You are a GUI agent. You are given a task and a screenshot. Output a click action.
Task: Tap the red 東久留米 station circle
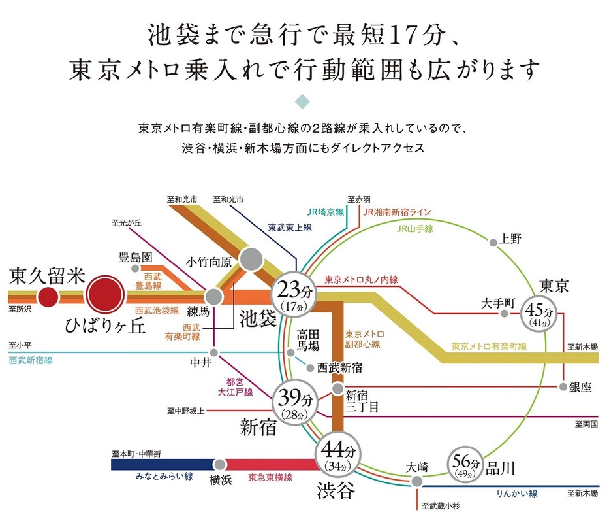coord(47,299)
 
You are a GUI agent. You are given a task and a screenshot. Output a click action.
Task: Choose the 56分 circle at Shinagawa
coord(466,464)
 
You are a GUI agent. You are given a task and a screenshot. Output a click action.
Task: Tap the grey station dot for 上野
coord(493,243)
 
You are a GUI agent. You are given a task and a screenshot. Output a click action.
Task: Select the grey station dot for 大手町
coord(504,314)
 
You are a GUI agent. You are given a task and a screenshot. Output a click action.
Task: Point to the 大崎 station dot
coord(416,482)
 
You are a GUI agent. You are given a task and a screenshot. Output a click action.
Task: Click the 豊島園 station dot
coord(135,268)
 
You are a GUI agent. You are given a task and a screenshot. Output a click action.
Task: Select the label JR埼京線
coord(326,212)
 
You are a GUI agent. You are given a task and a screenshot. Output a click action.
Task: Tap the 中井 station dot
coord(215,352)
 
